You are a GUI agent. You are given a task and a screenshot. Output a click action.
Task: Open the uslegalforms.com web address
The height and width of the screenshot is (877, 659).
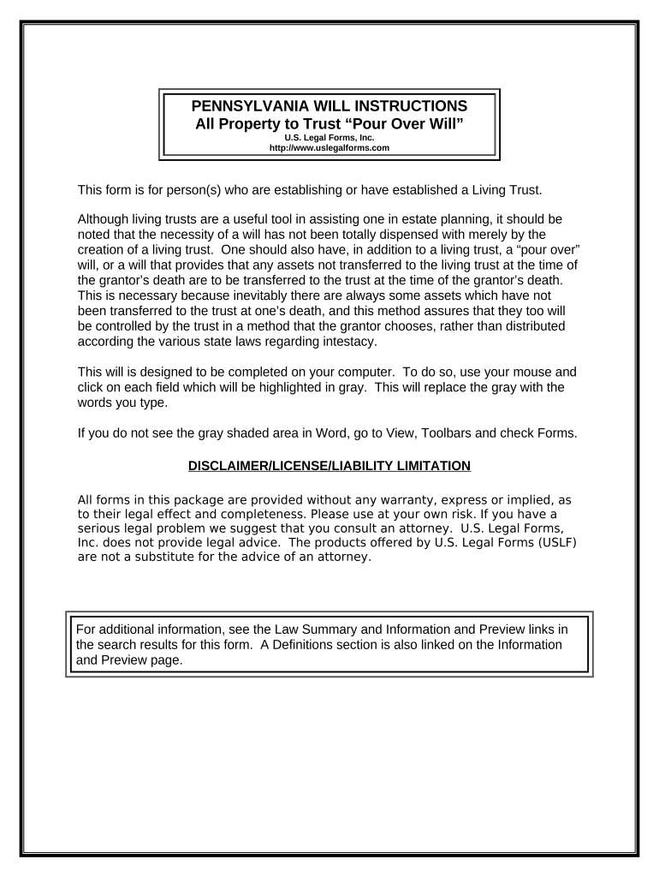point(329,148)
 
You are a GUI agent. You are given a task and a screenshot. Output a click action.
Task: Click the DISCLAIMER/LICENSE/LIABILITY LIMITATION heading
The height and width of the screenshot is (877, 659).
point(329,466)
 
